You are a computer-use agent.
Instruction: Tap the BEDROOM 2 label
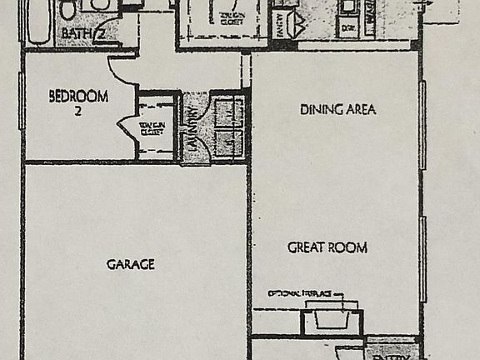click(x=78, y=101)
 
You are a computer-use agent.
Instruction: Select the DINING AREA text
click(x=337, y=109)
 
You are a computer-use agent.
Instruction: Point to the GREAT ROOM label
click(x=327, y=247)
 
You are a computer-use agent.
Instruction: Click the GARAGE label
click(x=130, y=265)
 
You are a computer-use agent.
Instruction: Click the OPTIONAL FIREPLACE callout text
click(x=300, y=294)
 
